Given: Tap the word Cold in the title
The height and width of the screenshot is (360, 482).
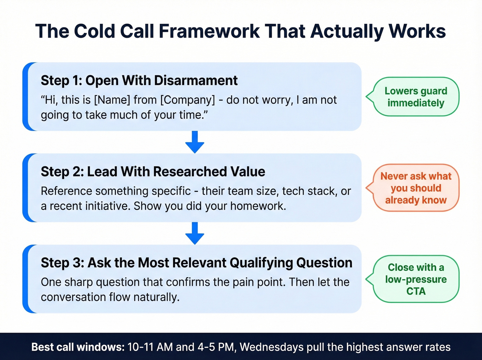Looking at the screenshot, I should point(94,31).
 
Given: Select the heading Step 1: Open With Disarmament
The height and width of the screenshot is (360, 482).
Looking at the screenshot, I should point(139,81).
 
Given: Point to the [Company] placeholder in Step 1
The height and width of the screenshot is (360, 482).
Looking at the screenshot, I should point(188,100).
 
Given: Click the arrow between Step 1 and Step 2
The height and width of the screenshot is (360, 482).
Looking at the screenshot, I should point(195,142).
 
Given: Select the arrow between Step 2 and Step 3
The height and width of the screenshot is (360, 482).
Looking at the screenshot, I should point(195,233).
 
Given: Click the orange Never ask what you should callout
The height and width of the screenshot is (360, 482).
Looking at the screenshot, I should point(416,188).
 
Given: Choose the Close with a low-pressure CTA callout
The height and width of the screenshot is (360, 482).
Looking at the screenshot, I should point(416,279).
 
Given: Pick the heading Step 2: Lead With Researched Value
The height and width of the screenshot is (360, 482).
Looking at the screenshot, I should point(153,172).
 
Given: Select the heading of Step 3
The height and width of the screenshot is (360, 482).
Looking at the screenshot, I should point(196,263).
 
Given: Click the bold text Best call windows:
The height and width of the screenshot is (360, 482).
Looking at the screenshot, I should point(78,347).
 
